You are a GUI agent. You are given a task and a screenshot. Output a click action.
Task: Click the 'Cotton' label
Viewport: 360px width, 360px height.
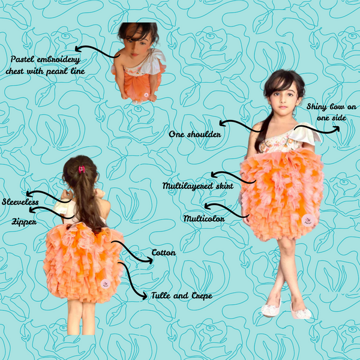(164, 253)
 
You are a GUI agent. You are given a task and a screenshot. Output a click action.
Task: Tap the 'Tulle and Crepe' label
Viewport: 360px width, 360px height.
(182, 295)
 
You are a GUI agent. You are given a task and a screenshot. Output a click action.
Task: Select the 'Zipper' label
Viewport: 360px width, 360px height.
(24, 222)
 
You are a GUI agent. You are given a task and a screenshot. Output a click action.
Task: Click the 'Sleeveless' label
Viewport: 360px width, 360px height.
(20, 202)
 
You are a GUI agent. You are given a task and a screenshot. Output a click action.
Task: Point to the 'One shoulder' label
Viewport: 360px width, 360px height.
(195, 134)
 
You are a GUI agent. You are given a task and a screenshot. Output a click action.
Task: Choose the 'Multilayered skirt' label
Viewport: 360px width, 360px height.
(198, 186)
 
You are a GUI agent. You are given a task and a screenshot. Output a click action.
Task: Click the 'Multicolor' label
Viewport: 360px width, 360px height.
(204, 218)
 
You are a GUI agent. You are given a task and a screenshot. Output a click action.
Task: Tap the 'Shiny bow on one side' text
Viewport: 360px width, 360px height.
(331, 112)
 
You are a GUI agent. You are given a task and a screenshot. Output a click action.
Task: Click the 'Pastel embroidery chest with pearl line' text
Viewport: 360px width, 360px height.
(45, 65)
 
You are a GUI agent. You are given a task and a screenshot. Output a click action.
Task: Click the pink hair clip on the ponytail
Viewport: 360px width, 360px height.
(82, 169)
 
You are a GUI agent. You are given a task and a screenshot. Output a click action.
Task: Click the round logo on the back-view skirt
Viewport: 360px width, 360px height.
(106, 284)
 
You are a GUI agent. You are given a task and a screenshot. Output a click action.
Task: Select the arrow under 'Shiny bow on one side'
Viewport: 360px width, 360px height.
(317, 131)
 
